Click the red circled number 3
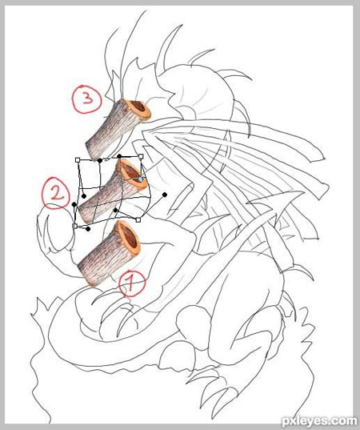(x=87, y=99)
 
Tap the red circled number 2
(x=56, y=193)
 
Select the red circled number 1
(x=132, y=284)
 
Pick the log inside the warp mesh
(x=113, y=191)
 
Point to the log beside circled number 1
(x=109, y=253)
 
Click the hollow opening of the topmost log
(x=138, y=106)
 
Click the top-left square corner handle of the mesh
(x=78, y=159)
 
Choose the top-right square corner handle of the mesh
(x=141, y=156)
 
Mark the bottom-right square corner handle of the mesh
(x=138, y=219)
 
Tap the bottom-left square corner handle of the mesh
(x=74, y=226)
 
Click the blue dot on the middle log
(x=141, y=179)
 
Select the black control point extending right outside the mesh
(x=165, y=195)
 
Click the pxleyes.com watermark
(x=318, y=421)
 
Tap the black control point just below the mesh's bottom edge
(x=88, y=229)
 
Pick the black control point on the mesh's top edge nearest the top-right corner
(x=119, y=156)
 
